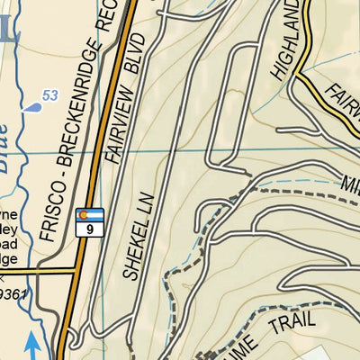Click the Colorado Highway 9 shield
pyautogui.click(x=90, y=221)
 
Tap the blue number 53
pyautogui.click(x=50, y=95)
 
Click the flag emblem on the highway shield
pyautogui.click(x=90, y=215)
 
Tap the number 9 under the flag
pyautogui.click(x=90, y=229)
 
